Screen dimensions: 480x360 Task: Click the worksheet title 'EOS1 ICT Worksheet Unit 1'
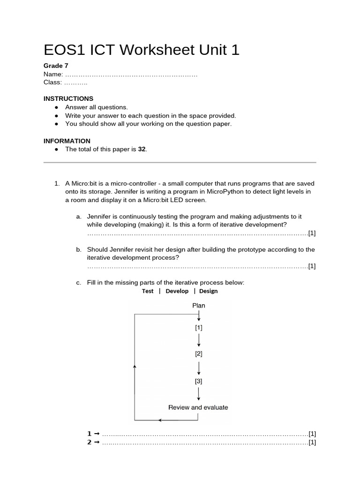click(x=141, y=50)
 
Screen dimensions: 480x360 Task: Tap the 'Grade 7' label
click(x=56, y=66)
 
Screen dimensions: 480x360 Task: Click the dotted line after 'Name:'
click(x=131, y=75)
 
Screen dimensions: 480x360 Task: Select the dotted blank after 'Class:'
click(x=75, y=82)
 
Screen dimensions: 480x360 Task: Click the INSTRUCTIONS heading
click(x=68, y=98)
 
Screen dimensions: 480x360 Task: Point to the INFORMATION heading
click(x=67, y=141)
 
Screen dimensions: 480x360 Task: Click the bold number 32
click(x=142, y=149)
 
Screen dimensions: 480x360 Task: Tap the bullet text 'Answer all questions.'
click(x=96, y=107)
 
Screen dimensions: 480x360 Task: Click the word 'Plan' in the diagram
click(x=199, y=306)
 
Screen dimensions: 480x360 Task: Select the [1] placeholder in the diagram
click(x=199, y=328)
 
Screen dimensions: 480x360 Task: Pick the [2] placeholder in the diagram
click(x=199, y=354)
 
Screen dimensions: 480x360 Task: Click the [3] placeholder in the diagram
click(x=199, y=381)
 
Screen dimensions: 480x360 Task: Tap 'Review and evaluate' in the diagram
click(x=198, y=407)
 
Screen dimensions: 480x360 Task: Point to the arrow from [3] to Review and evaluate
click(x=199, y=394)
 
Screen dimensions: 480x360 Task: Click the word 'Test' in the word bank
click(x=148, y=291)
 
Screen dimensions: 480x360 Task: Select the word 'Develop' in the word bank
click(x=177, y=291)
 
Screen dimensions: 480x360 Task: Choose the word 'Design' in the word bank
click(x=208, y=291)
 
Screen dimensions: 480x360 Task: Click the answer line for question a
click(x=197, y=233)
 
